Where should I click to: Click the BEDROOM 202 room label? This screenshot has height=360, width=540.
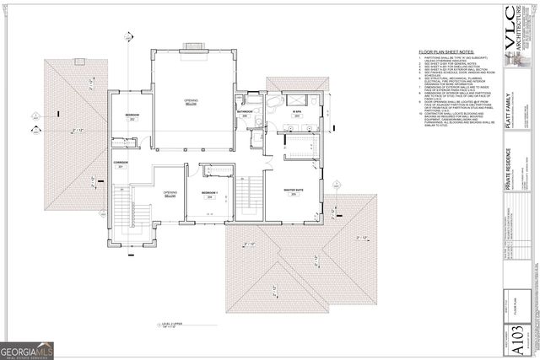(132, 117)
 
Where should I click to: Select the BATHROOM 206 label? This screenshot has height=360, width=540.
(246, 113)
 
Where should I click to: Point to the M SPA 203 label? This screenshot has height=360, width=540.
(298, 112)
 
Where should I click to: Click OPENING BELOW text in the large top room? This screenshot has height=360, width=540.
(192, 102)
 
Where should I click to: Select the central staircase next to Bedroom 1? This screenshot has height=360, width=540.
(246, 199)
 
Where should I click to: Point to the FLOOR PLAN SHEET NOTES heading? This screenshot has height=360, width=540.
(451, 52)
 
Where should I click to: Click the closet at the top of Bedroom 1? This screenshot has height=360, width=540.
(218, 171)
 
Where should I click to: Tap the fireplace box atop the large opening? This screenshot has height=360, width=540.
(192, 45)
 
